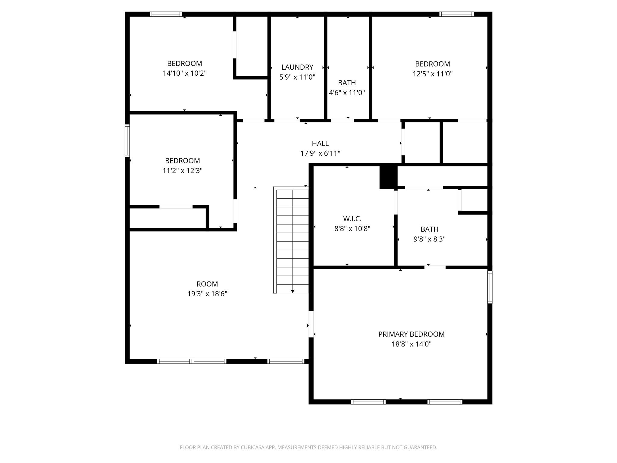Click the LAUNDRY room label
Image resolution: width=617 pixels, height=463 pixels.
[x=297, y=67]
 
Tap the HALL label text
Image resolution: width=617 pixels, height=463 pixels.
[x=320, y=143]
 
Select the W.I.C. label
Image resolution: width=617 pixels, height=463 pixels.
[x=352, y=219]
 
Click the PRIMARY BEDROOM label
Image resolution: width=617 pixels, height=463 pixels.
[x=411, y=334]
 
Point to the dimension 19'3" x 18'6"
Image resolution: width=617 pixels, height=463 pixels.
[x=207, y=294]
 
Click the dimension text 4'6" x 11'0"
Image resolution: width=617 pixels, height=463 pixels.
[x=347, y=93]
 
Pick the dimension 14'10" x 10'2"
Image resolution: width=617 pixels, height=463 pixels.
[x=184, y=73]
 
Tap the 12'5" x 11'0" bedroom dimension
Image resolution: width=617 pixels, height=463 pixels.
[x=432, y=74]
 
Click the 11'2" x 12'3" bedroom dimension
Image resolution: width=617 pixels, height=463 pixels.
[x=182, y=171]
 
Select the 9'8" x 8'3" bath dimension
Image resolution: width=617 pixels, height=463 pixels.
[x=429, y=239]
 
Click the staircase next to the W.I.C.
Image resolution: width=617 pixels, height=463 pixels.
[x=291, y=240]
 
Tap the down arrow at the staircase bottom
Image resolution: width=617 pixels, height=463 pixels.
[x=293, y=291]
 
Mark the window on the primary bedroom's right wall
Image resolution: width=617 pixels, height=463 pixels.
[x=490, y=287]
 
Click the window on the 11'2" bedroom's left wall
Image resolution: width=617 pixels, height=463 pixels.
[x=127, y=141]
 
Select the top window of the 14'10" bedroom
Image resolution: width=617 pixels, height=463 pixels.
[x=166, y=14]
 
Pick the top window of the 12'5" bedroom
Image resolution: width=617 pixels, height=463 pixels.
[x=456, y=14]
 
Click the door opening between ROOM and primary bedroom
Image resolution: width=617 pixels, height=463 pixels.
[x=311, y=324]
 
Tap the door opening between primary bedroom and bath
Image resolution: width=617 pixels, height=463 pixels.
[x=435, y=267]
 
